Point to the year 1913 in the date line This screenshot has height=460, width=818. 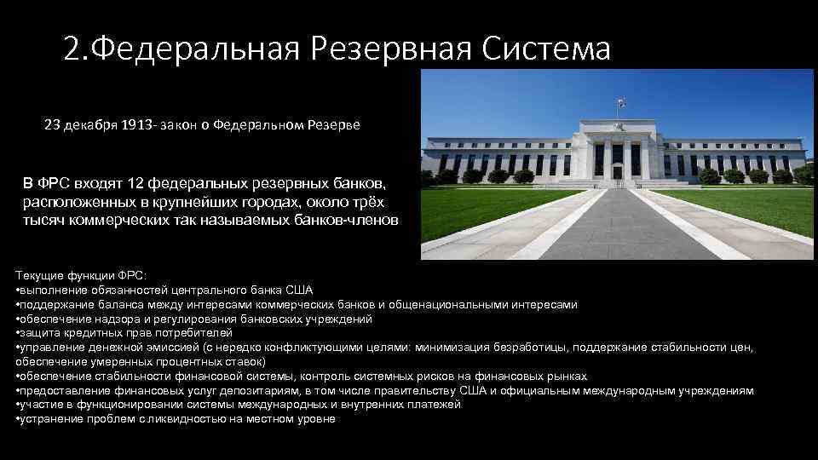[137, 125]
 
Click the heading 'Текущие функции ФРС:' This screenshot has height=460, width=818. [81, 276]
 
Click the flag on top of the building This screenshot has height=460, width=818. [620, 102]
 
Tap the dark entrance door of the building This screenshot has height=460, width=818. [617, 171]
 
